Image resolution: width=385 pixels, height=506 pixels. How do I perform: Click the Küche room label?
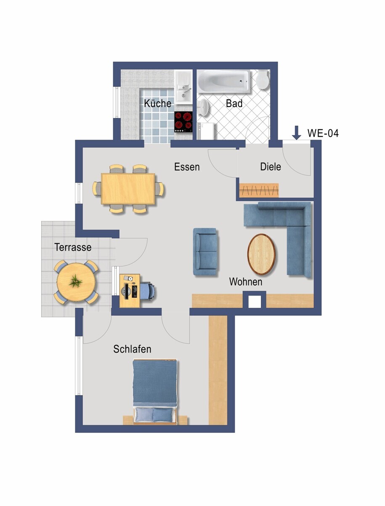point(157,103)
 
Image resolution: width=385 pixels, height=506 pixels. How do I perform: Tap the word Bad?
point(234,103)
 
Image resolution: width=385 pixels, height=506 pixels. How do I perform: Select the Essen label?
point(187,167)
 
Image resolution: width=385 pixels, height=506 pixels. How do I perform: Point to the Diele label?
point(271,167)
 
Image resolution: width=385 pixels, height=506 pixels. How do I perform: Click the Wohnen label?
point(246,282)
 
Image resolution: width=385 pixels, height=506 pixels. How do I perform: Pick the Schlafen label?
point(132,349)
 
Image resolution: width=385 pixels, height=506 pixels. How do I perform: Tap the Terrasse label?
point(73,247)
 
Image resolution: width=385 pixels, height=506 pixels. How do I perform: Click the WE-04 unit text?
point(323,133)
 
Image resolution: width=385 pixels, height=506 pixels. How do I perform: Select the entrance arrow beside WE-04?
point(297,133)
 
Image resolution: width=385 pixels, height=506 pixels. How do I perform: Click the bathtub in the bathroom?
point(223,81)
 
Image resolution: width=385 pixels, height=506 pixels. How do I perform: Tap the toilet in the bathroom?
point(263,80)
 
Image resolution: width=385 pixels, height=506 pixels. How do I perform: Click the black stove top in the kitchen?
point(183,122)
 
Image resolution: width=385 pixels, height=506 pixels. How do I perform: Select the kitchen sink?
point(183,87)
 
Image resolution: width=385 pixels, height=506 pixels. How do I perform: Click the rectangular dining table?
point(128,189)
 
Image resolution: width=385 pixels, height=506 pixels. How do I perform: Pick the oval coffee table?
point(261,254)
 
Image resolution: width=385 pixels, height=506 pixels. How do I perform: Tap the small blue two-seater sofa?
point(205,251)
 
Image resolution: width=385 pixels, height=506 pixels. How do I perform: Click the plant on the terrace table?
point(75,281)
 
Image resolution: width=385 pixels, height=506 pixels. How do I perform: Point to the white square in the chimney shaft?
point(255,302)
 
